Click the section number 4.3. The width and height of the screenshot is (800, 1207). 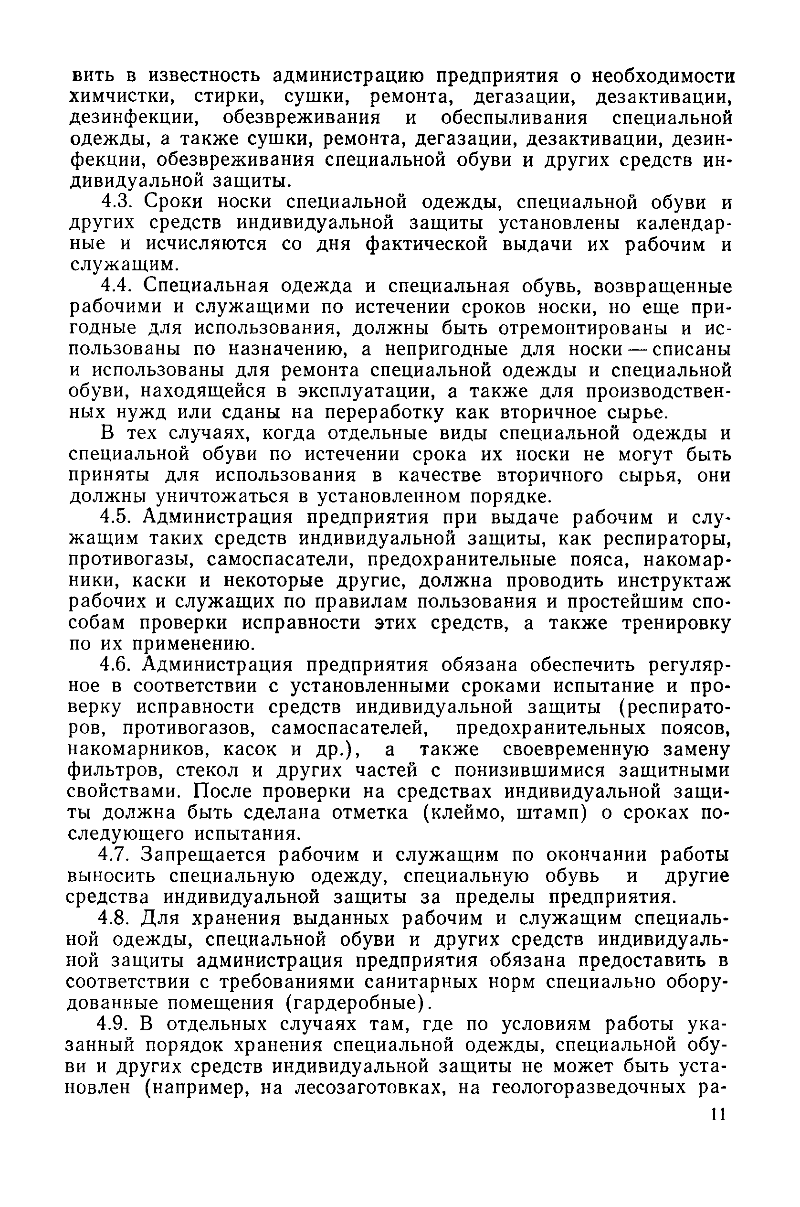(117, 202)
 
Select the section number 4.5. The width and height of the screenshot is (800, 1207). (117, 517)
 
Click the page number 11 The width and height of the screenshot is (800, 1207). (717, 1127)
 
